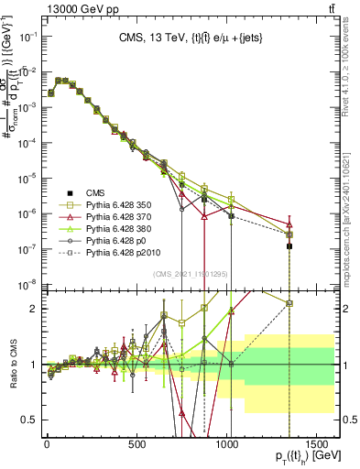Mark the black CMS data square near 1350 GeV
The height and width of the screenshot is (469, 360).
pos(289,246)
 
